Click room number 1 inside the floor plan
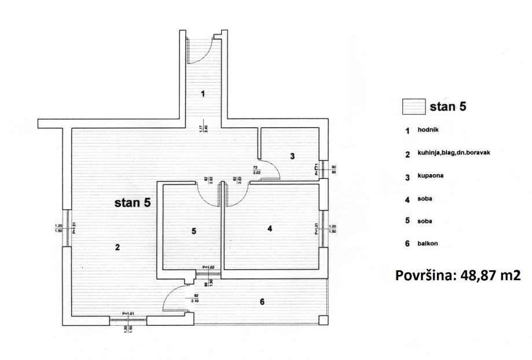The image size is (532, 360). [203, 94]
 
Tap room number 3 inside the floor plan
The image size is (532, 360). [292, 156]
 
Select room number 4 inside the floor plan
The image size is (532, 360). [269, 229]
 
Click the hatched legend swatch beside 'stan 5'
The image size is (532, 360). [413, 107]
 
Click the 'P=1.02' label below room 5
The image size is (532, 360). [209, 267]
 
